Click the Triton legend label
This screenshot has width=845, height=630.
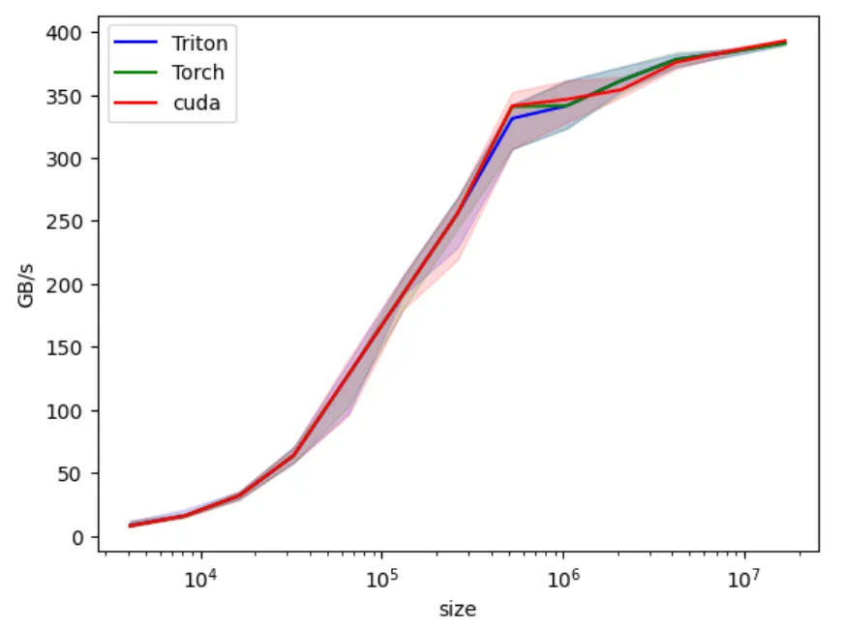pos(198,43)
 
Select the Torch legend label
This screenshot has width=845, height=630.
pos(197,73)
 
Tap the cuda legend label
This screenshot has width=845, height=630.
pos(196,104)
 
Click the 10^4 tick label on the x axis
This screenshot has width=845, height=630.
pos(200,578)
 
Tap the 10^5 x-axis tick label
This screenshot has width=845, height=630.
pos(381,578)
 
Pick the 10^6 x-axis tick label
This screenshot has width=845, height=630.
pos(562,578)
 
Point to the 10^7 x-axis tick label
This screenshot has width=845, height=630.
pos(743,578)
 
